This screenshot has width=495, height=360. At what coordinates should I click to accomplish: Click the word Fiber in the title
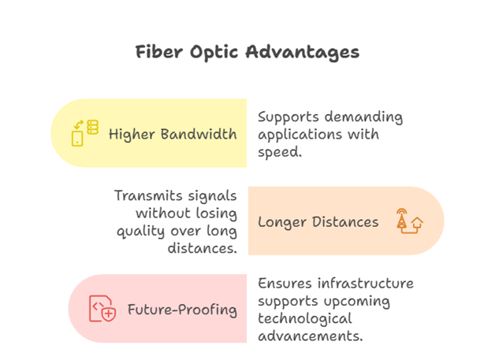[x=158, y=52]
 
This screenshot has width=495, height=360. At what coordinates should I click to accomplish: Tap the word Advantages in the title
[x=303, y=52]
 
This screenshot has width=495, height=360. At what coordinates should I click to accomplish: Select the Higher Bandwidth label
[x=173, y=135]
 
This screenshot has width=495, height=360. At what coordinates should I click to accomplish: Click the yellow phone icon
[x=77, y=139]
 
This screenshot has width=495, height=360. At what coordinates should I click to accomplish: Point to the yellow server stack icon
[x=92, y=127]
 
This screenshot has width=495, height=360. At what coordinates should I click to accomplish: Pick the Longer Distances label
[x=318, y=222]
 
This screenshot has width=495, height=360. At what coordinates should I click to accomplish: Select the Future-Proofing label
[x=182, y=310]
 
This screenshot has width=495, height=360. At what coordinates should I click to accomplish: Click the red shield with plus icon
[x=109, y=314]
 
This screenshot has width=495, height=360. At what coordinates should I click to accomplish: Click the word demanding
[x=363, y=117]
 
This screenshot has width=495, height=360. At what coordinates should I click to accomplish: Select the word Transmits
[x=148, y=195]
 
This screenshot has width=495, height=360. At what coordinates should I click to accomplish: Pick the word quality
[x=141, y=232]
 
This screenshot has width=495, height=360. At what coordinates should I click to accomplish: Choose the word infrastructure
[x=365, y=284]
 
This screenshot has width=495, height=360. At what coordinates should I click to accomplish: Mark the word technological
[x=305, y=318]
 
